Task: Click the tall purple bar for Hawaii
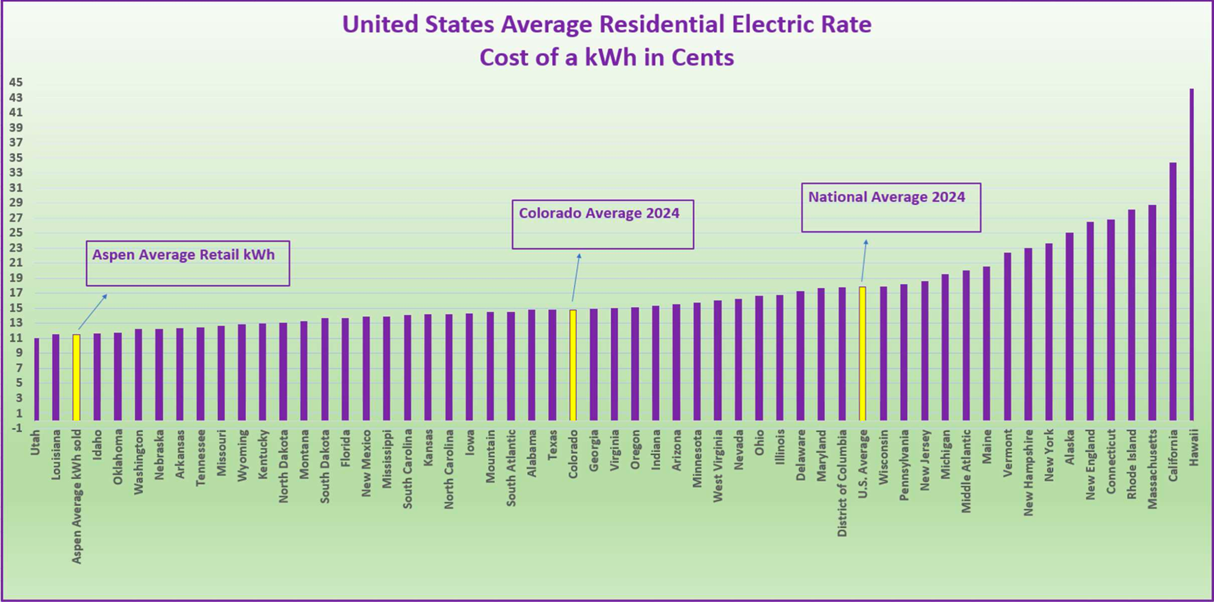click(1192, 255)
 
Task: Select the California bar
click(1173, 292)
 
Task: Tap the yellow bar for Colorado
click(573, 365)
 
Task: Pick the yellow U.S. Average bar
click(863, 354)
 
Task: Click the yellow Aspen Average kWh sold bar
click(76, 377)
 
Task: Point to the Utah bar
click(36, 379)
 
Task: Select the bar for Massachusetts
click(1152, 313)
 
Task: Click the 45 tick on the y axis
click(16, 83)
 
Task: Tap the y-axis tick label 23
click(16, 248)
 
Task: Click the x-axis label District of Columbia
click(842, 483)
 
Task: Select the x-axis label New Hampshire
click(1028, 473)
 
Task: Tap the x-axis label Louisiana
click(56, 455)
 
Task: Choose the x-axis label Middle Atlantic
click(966, 471)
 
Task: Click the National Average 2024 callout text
click(886, 197)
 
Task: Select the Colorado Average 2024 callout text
click(599, 214)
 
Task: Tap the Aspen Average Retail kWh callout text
click(183, 255)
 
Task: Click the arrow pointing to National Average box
click(864, 261)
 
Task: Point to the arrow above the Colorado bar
click(576, 277)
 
